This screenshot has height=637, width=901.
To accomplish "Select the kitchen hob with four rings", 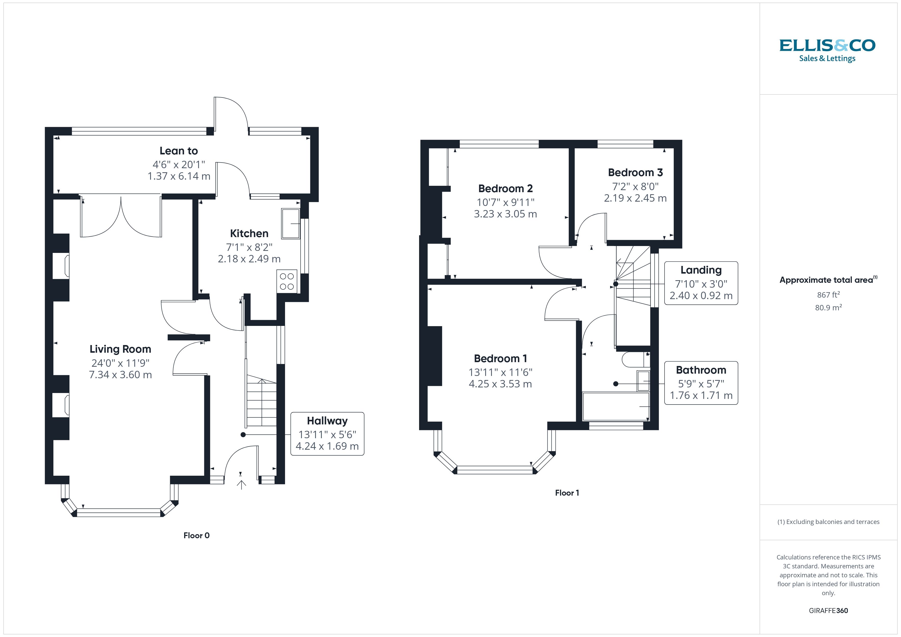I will pyautogui.click(x=287, y=281).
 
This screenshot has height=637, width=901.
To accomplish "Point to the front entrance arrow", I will pyautogui.click(x=241, y=485).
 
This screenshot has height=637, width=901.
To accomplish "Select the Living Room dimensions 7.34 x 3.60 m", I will pyautogui.click(x=121, y=375).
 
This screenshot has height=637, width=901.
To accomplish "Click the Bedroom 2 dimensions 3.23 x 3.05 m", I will pyautogui.click(x=505, y=214).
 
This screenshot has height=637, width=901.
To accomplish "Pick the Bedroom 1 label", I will pyautogui.click(x=500, y=359).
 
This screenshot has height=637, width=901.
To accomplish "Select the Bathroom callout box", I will pyautogui.click(x=701, y=383).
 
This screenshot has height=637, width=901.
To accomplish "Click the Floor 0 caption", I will pyautogui.click(x=197, y=535).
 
